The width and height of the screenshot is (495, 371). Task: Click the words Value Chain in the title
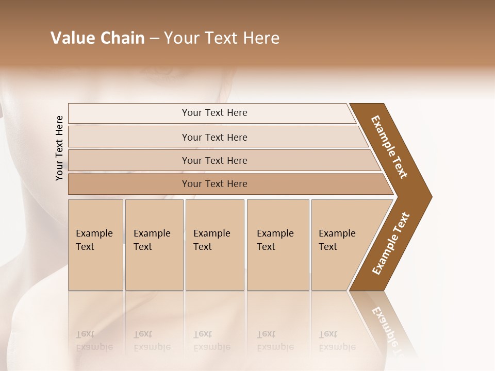click(97, 38)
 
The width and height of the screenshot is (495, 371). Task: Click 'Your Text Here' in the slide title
click(222, 38)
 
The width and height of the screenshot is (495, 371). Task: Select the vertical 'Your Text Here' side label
click(60, 148)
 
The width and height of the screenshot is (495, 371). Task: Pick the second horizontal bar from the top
click(214, 137)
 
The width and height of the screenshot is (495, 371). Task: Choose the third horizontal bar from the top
click(214, 160)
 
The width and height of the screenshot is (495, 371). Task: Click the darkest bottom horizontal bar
click(214, 184)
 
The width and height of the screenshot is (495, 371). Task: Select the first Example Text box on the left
click(95, 245)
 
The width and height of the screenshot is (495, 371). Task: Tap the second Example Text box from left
click(154, 245)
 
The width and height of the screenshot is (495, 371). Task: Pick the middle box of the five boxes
click(214, 245)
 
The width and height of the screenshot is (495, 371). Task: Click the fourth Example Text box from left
click(278, 245)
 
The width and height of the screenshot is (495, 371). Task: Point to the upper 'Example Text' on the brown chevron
click(389, 147)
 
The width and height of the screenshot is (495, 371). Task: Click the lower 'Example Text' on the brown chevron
click(390, 244)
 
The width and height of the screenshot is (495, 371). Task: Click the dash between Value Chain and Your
click(154, 38)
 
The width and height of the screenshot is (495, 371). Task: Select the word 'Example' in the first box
click(94, 233)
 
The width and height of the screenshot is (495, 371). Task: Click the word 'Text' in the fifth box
click(327, 247)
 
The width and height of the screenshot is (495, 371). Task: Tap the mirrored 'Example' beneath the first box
click(94, 347)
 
